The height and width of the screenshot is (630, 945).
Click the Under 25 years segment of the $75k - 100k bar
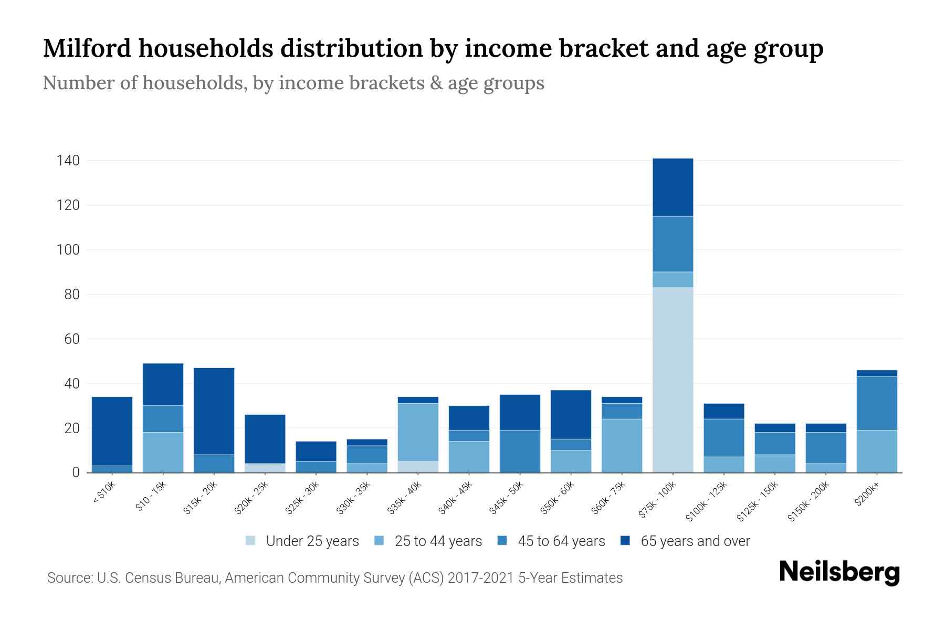click(673, 380)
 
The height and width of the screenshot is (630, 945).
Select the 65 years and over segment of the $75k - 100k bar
click(673, 187)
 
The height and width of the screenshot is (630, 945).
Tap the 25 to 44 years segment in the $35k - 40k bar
click(418, 432)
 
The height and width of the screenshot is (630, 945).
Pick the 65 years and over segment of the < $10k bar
click(112, 431)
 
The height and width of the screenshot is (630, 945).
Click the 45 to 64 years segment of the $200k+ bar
click(876, 403)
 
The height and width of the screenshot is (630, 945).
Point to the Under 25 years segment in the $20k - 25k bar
click(265, 468)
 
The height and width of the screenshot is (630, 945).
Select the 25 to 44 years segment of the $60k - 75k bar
click(622, 445)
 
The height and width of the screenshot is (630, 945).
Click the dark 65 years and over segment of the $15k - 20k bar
click(214, 411)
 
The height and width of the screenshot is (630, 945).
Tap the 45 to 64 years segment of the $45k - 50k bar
click(520, 451)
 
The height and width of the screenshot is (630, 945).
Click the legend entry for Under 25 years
click(302, 541)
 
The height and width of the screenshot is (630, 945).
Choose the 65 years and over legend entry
click(685, 541)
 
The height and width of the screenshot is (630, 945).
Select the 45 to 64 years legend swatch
click(502, 541)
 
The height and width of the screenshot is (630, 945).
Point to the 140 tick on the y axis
click(68, 161)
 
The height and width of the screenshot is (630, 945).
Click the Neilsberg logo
click(839, 572)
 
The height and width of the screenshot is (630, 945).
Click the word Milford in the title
click(86, 48)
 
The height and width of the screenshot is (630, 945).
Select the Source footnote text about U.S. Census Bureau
click(334, 578)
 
